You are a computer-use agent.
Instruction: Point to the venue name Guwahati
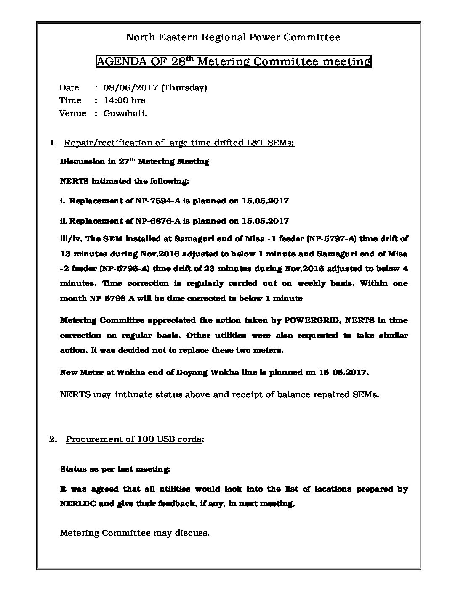125,114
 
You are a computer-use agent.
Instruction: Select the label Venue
72,114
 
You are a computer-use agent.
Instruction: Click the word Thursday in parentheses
184,88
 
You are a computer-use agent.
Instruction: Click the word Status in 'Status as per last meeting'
73,469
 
